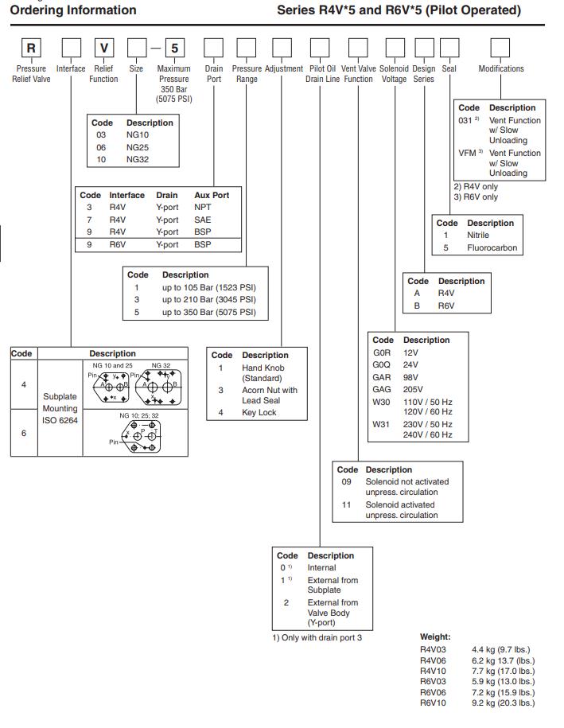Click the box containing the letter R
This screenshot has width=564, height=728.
[x=31, y=49]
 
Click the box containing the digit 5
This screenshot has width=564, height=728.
[x=174, y=49]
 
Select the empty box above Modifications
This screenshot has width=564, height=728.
[x=500, y=49]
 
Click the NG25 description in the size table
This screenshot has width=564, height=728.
[x=138, y=147]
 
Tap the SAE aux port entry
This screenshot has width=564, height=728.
[x=203, y=220]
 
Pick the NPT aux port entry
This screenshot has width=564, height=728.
[x=203, y=207]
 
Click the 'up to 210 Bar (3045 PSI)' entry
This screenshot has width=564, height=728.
[x=208, y=299]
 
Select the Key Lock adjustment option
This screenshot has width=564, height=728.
[x=259, y=412]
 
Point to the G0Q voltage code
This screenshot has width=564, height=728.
[x=382, y=364]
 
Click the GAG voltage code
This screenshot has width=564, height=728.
[x=382, y=389]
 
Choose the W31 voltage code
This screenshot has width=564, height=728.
[x=382, y=424]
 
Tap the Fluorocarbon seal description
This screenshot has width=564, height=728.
[x=492, y=247]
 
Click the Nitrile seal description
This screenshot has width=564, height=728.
[x=478, y=235]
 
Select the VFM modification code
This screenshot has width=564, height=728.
[x=467, y=153]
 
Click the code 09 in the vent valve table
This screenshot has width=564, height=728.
[x=346, y=481]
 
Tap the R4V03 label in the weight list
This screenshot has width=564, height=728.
[x=433, y=650]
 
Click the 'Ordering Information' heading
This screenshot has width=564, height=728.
[x=73, y=10]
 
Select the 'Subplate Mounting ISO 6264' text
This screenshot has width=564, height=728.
[x=60, y=408]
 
